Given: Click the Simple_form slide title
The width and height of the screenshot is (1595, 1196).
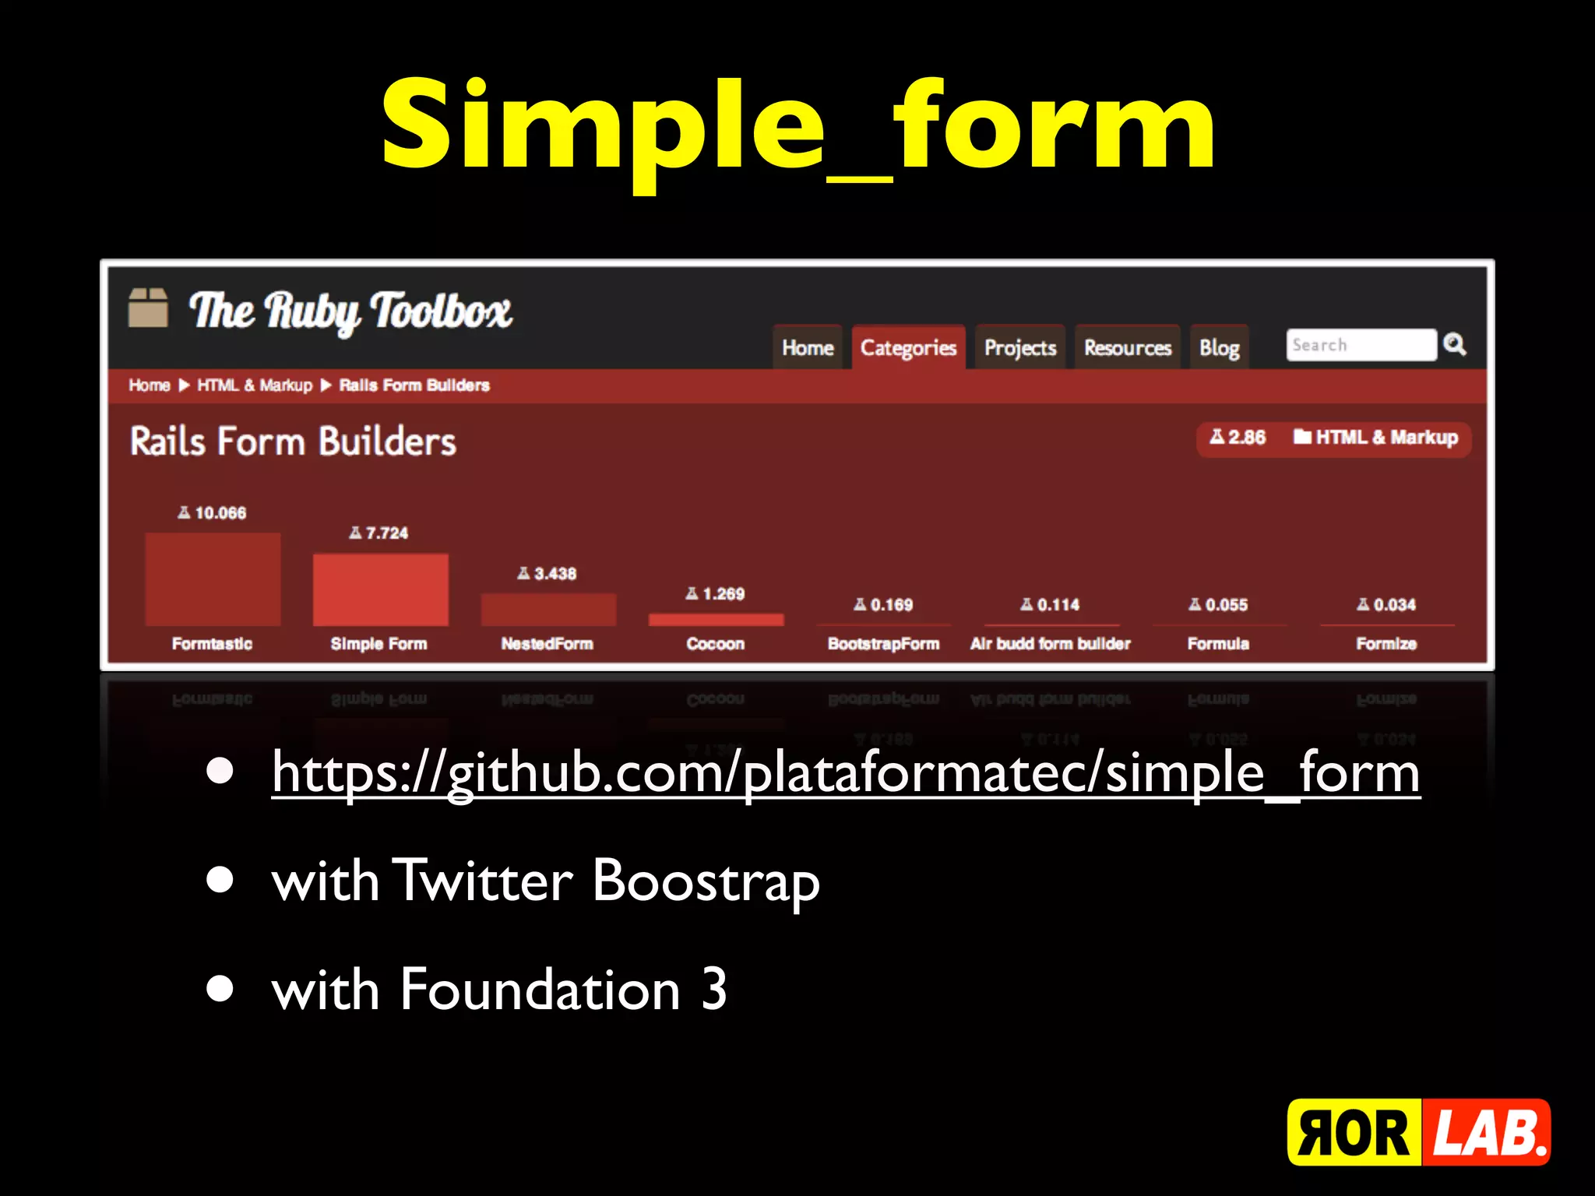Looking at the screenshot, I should (797, 125).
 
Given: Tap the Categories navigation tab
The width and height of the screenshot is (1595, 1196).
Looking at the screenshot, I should (908, 347).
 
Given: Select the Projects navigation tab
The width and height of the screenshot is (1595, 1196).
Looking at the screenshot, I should (1020, 347).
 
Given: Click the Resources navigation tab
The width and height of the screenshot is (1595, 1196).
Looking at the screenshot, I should (1128, 347).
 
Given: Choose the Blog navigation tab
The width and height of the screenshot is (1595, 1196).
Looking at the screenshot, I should (1220, 347).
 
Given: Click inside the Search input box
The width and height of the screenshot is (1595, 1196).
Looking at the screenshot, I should (1360, 345).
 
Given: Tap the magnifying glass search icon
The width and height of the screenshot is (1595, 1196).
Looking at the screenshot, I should (1454, 344).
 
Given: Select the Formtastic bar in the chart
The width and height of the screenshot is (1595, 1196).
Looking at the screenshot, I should (213, 579).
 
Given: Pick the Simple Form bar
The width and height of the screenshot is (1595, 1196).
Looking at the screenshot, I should (380, 589).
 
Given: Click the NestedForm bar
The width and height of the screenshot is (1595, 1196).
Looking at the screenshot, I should (548, 609).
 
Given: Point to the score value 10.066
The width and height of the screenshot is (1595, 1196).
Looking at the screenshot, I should (220, 513).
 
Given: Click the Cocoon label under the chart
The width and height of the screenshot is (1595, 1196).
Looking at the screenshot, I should (716, 644).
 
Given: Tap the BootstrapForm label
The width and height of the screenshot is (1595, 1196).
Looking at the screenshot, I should (883, 644).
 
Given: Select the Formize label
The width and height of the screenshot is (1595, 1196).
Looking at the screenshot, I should (1386, 644).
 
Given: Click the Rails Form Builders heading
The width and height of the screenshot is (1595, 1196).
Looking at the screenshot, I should (293, 441).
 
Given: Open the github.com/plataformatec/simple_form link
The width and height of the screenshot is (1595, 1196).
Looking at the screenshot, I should (846, 772).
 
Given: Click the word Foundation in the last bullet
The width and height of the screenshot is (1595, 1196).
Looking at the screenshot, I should (540, 990).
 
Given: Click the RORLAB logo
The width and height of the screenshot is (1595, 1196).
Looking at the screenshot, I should (1418, 1132).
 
